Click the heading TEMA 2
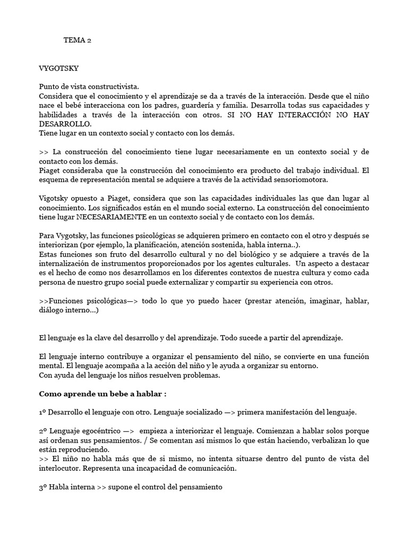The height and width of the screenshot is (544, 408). point(77,40)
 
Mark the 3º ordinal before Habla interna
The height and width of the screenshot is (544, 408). point(44,487)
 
